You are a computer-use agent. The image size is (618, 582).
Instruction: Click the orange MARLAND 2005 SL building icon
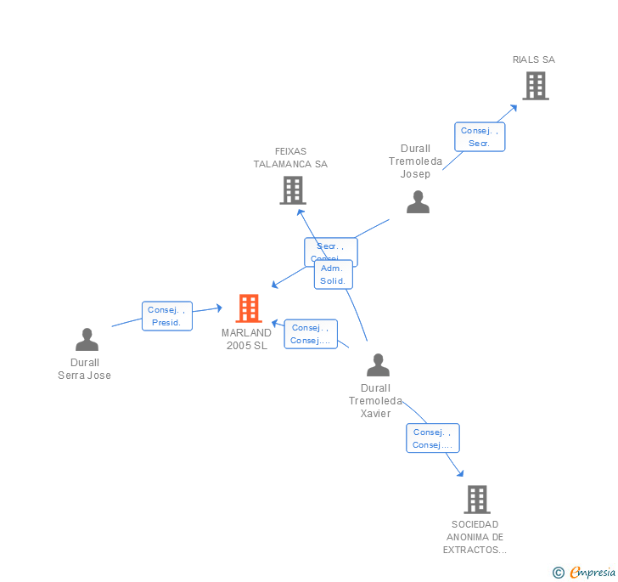click(248, 308)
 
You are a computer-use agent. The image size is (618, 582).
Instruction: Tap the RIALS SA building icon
click(535, 86)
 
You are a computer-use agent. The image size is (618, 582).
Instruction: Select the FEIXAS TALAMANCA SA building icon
click(292, 190)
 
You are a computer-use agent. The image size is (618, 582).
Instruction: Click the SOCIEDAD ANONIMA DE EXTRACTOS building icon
click(476, 500)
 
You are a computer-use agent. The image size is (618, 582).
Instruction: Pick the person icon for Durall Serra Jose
click(87, 340)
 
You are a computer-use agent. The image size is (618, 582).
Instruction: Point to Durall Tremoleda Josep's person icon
click(418, 202)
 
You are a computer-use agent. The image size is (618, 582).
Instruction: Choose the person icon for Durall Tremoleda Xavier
click(378, 365)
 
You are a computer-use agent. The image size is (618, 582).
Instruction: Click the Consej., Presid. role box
click(166, 316)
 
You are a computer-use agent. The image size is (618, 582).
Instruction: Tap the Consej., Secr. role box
click(480, 137)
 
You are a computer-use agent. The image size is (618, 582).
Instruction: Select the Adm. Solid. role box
click(333, 274)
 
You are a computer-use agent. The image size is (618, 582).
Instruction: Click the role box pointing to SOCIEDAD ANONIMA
click(432, 438)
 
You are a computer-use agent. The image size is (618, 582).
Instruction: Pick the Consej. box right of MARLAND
click(310, 334)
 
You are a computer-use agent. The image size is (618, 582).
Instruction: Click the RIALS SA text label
click(534, 59)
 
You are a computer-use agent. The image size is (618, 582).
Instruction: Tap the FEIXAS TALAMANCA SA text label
click(290, 158)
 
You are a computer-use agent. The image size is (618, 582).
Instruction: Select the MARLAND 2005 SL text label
click(246, 339)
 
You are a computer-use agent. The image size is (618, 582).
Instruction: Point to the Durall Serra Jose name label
click(84, 370)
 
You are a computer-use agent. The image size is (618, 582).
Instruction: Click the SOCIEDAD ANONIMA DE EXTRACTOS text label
click(475, 537)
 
